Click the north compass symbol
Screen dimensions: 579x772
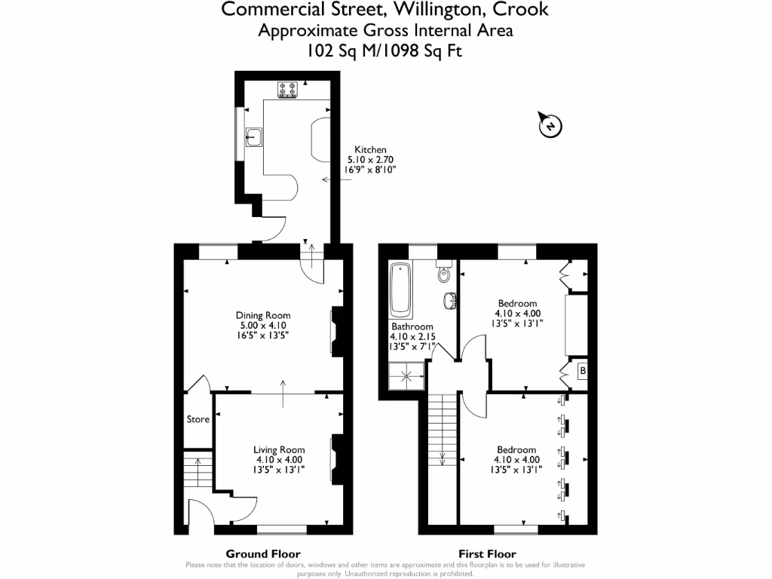550,126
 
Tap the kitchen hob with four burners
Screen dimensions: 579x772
288,90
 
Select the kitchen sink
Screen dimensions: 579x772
253,136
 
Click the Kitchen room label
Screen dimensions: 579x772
370,150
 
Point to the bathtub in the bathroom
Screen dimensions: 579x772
400,290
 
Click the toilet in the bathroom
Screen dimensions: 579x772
444,273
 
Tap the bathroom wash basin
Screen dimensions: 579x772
450,301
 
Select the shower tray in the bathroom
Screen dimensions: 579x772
408,375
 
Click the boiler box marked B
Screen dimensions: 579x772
582,372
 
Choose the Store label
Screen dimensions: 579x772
198,419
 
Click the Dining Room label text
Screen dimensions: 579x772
262,315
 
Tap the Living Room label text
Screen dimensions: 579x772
278,450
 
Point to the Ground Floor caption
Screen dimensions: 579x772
263,553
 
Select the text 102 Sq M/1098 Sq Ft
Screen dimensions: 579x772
385,51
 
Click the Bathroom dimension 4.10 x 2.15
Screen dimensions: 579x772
412,337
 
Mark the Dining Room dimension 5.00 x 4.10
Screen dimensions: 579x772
262,325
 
